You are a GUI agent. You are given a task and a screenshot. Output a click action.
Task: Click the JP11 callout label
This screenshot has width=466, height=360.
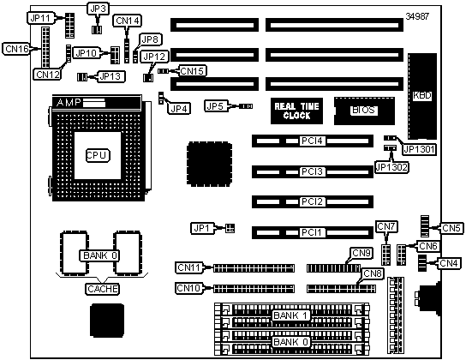(41, 18)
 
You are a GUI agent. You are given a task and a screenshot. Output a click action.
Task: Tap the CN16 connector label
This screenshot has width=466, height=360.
(17, 49)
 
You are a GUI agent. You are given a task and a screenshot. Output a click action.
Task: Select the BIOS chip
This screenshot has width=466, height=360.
(364, 111)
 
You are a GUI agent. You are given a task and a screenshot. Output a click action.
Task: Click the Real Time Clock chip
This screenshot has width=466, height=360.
(296, 111)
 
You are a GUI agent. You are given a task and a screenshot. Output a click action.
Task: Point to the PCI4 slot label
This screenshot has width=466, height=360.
(312, 141)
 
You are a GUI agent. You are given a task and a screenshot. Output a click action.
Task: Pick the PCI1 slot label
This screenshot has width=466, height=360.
(312, 232)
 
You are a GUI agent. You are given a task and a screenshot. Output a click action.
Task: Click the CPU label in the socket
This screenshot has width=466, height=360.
(98, 155)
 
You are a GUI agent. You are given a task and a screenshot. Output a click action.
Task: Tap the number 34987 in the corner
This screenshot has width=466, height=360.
(417, 16)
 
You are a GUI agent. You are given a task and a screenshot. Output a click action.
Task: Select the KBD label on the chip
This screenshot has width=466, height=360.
(422, 95)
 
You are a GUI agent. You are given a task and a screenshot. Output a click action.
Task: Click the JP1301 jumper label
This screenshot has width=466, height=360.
(419, 149)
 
